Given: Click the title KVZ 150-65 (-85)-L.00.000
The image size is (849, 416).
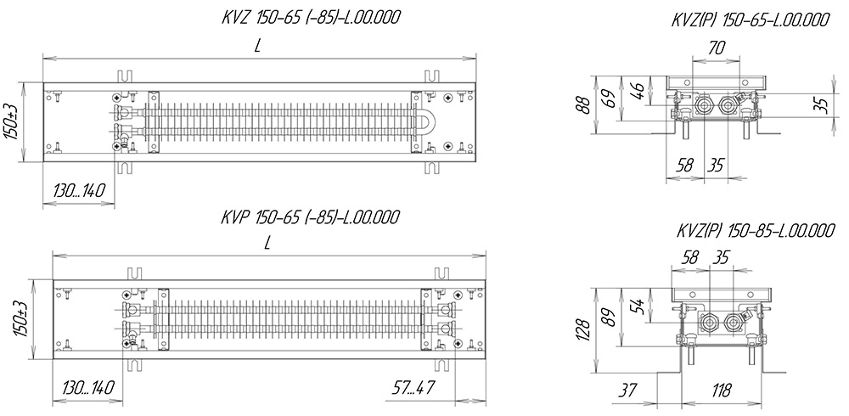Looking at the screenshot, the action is click(x=311, y=18).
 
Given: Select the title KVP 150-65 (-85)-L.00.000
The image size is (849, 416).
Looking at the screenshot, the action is click(x=310, y=217).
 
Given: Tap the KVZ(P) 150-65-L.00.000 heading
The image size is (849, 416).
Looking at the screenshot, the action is click(x=750, y=20).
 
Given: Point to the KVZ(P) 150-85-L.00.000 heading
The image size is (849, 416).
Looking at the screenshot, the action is click(x=756, y=231).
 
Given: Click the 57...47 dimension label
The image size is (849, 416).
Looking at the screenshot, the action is click(x=413, y=387).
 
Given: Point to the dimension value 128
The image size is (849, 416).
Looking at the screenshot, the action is click(x=582, y=330).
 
